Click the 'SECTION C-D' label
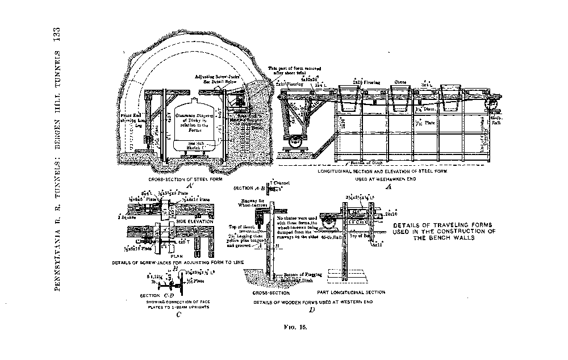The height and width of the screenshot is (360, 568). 157,295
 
